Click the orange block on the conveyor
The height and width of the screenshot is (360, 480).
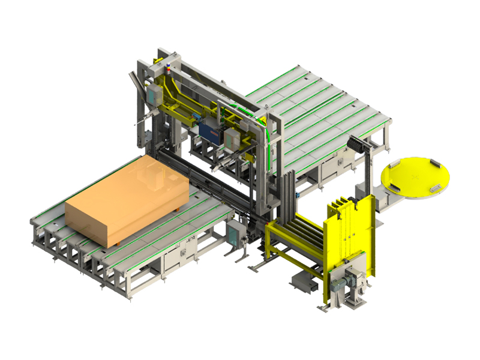pyautogui.click(x=126, y=198)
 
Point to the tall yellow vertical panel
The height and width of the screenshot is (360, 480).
pyautogui.click(x=348, y=240)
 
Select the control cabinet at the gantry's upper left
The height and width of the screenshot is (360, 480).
pyautogui.click(x=155, y=92)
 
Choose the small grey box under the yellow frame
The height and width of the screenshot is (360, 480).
pyautogui.click(x=299, y=280)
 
